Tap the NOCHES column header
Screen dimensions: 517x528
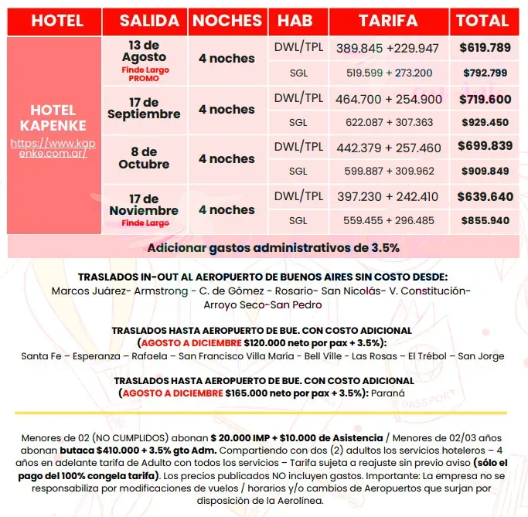pos(227,21)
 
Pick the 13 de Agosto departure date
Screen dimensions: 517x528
pos(144,51)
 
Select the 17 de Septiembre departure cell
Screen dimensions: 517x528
pos(144,108)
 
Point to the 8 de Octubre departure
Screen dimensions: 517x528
pos(144,158)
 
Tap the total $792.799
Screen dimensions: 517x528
pos(485,73)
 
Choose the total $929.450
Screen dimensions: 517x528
pos(485,122)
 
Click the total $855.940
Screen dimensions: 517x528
pos(485,220)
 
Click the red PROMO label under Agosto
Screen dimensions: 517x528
pos(144,79)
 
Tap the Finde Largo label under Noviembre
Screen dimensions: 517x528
pos(144,223)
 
